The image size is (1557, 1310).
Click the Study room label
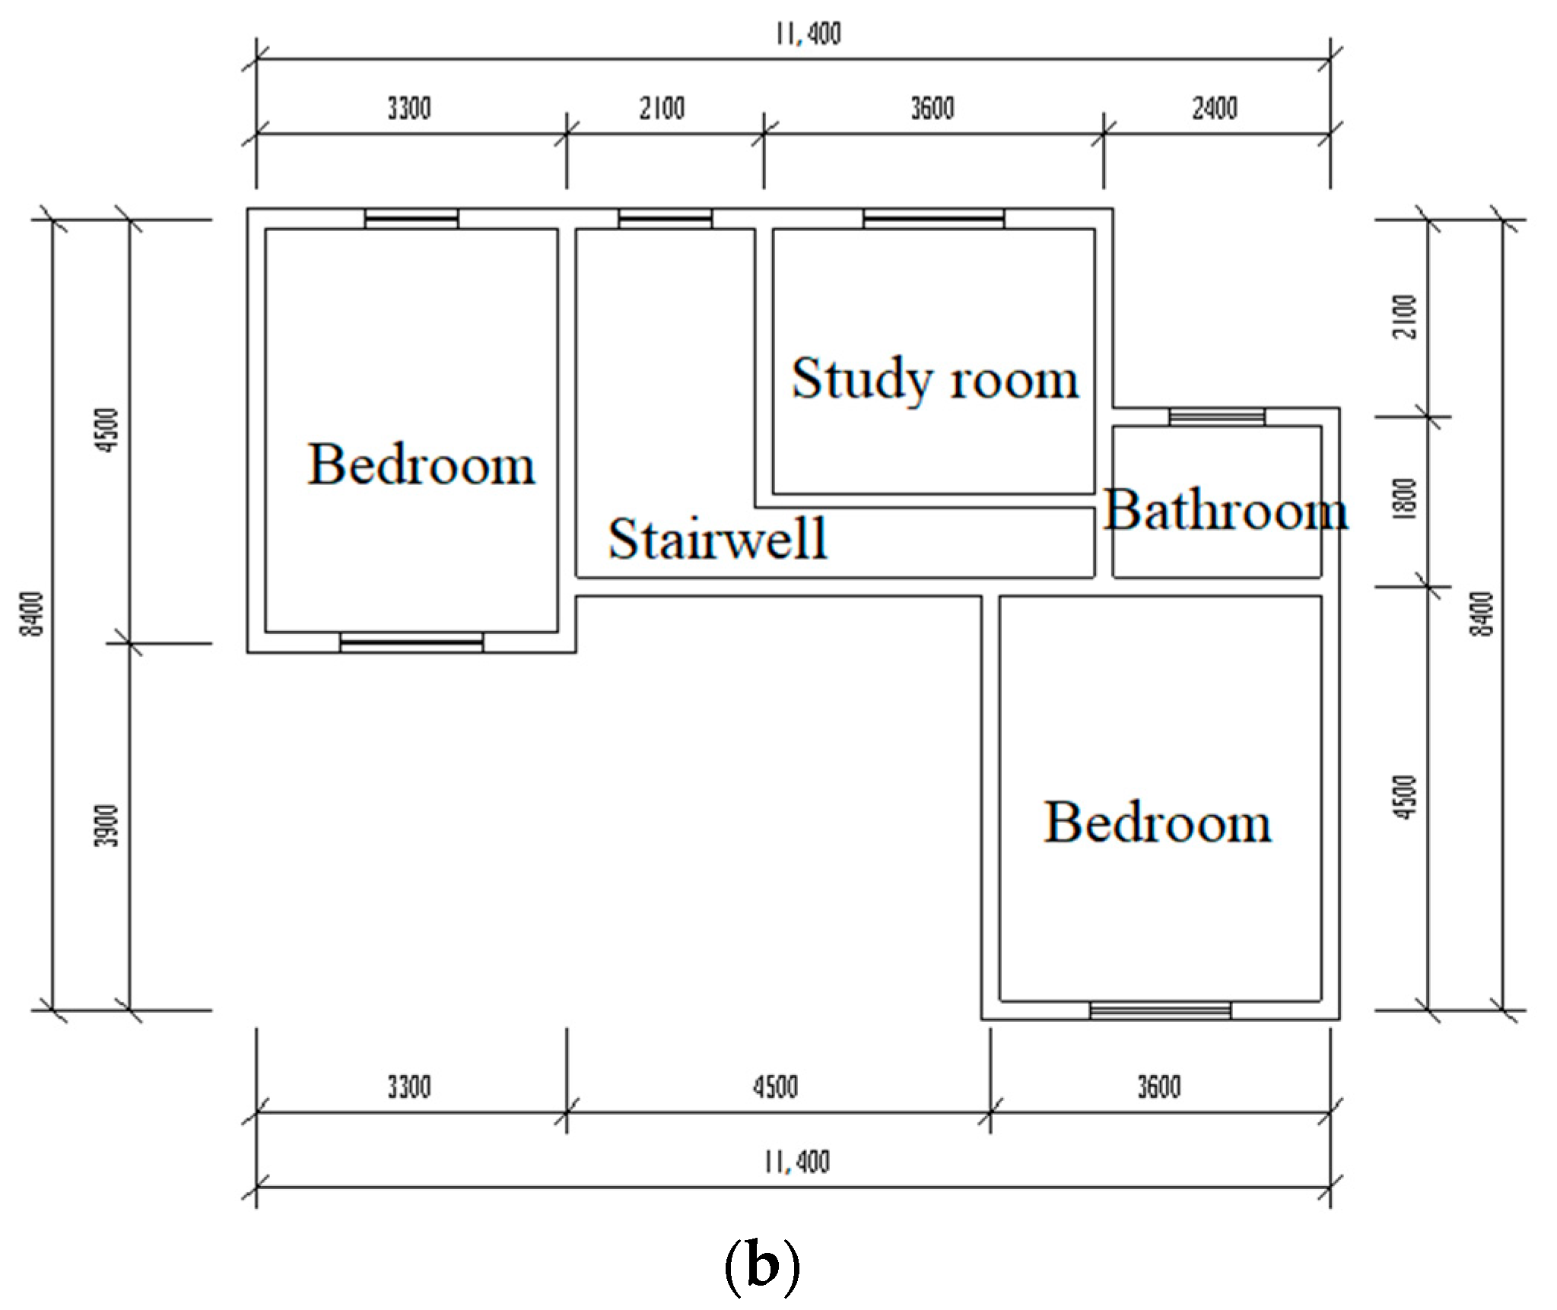coord(935,378)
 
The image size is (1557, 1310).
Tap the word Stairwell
coord(717,538)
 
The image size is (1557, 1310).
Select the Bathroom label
coord(1226,509)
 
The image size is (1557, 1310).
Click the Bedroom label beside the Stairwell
coord(421,464)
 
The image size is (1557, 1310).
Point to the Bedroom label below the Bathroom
coord(1157,822)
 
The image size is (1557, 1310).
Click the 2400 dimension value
coord(1215,109)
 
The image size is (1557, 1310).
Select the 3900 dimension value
coord(110,826)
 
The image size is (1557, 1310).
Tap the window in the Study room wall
coord(933,219)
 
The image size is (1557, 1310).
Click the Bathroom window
coord(1217,417)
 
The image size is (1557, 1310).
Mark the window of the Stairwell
coord(666,219)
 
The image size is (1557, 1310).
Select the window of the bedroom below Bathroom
coord(1160,1010)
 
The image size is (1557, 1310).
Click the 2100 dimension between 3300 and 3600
coord(662,109)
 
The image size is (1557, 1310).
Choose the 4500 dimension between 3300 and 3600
coord(776,1087)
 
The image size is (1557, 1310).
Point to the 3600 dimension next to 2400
coord(933,109)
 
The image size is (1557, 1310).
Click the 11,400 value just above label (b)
coord(797,1162)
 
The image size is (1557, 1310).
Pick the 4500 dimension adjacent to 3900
coord(110,430)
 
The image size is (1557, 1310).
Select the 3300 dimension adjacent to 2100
coord(409,109)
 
